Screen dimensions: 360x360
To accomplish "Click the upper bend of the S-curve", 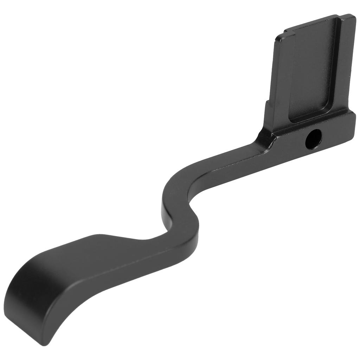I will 172,185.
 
